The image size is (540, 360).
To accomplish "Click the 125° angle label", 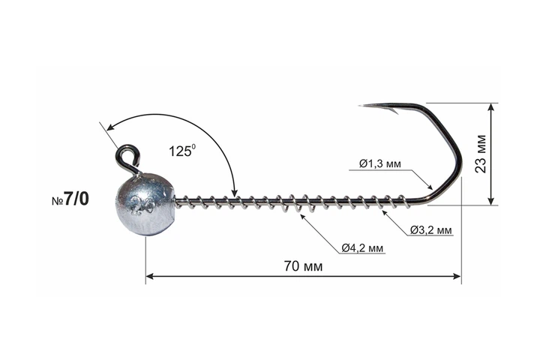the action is tap(182, 150).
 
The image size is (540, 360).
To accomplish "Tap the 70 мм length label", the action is tap(303, 266).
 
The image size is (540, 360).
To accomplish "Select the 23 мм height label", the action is tap(481, 154).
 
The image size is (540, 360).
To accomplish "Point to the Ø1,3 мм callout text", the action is tap(379, 163).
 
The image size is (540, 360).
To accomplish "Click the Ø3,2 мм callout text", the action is tap(430, 229).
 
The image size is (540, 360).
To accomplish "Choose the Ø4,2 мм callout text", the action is tap(362, 247).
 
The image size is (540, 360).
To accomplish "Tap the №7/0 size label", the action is tap(70, 199).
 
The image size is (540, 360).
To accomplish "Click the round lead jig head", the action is tap(145, 205).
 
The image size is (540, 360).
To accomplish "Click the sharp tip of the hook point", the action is tap(359, 106).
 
